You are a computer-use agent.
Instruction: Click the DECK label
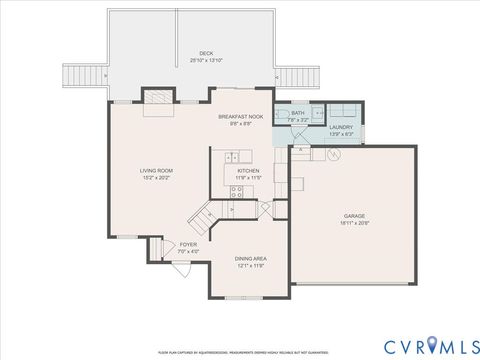(206, 53)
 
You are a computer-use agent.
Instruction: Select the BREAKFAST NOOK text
(241, 117)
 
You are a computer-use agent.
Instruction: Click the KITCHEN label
(248, 171)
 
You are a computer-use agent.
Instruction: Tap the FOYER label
(188, 244)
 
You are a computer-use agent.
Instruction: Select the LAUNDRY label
(341, 127)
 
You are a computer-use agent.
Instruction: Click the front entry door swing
(158, 250)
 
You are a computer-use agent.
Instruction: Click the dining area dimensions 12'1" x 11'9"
(251, 266)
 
